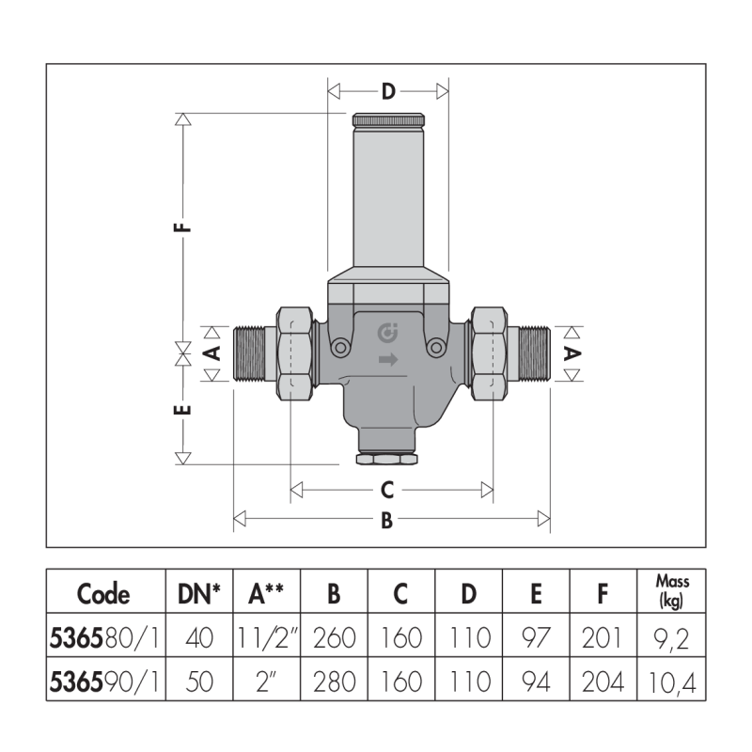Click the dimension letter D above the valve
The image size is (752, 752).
tap(388, 91)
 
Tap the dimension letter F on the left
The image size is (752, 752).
tap(182, 227)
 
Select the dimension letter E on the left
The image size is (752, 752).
tap(182, 410)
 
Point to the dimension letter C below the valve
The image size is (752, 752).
tap(387, 490)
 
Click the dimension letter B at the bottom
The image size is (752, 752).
tap(386, 520)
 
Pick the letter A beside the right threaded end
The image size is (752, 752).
tap(572, 354)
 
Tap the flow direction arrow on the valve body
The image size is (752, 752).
tap(388, 359)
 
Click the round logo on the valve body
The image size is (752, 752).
tap(387, 333)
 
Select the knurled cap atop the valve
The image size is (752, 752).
tap(388, 120)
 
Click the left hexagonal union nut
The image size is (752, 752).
tap(294, 354)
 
